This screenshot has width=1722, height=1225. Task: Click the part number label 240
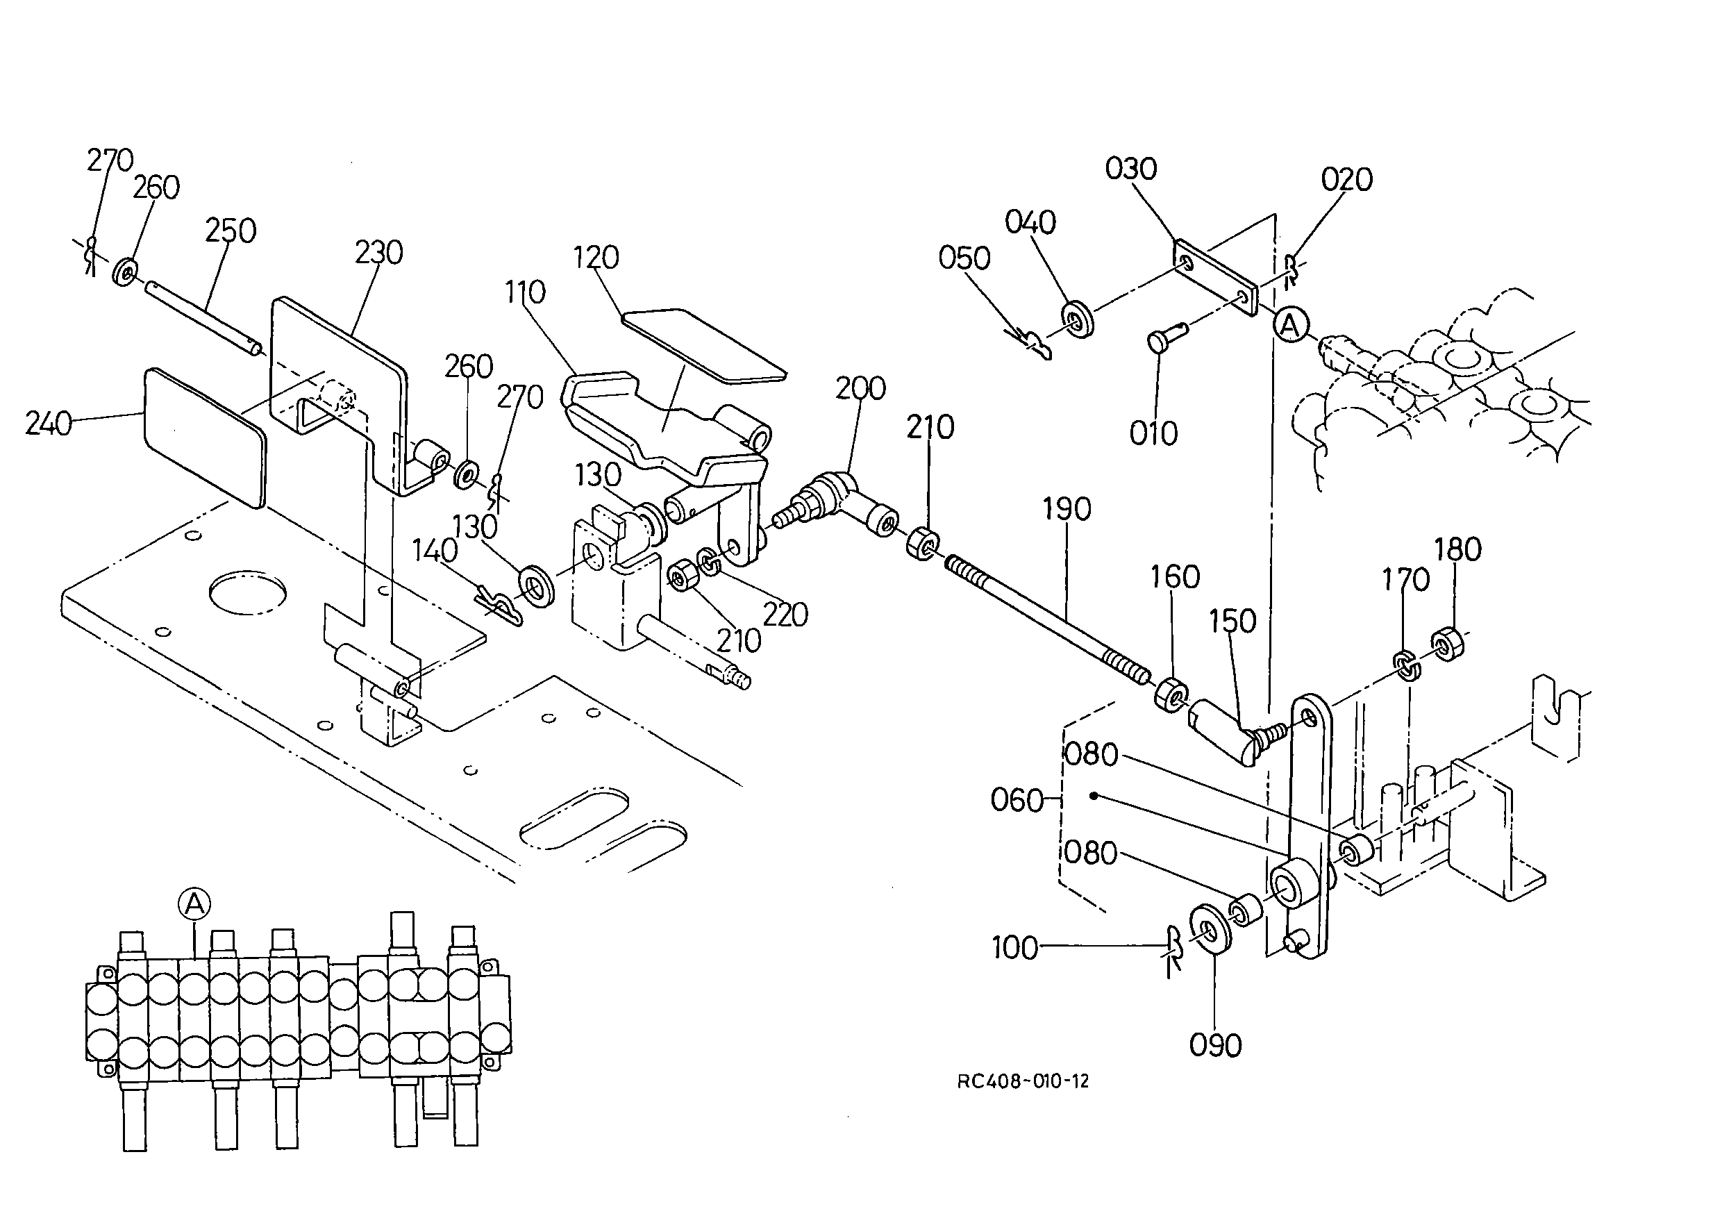49,424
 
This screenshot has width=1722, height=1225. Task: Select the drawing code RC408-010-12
1023,1081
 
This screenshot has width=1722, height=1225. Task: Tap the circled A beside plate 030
1290,326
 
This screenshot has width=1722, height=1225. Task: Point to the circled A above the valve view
194,903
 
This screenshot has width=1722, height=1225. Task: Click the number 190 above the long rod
1067,510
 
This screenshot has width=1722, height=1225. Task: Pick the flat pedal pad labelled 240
204,437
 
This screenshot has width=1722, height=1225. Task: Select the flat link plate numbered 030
1216,278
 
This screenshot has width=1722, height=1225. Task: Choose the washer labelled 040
1078,320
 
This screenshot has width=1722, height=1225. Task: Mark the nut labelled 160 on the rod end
1171,694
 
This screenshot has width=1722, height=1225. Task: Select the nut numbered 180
1447,644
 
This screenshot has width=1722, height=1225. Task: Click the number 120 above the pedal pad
596,258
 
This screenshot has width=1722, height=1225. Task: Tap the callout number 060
1017,799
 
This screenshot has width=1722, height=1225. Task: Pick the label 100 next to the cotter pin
1014,948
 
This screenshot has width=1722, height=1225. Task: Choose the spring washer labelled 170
1406,665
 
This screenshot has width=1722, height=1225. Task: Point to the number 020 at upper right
1346,181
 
